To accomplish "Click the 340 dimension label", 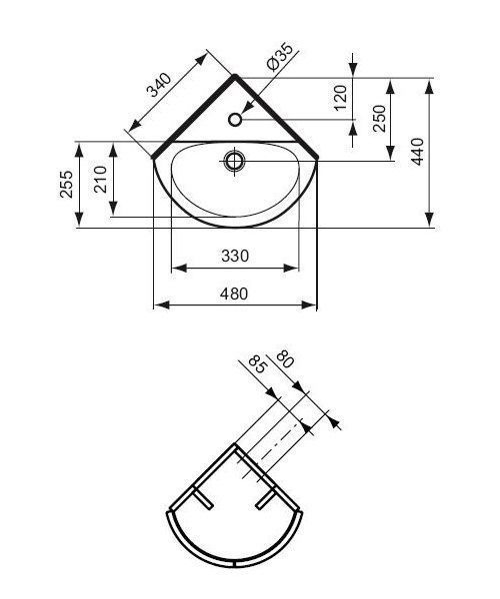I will pos(157,91).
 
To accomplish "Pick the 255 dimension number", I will pos(67,186).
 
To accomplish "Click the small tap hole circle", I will pos(235,120).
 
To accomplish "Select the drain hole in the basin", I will pos(235,160).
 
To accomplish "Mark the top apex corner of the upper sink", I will pos(235,74).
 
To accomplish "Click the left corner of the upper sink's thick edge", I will pos(153,157).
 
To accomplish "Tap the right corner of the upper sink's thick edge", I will pos(317,157).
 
